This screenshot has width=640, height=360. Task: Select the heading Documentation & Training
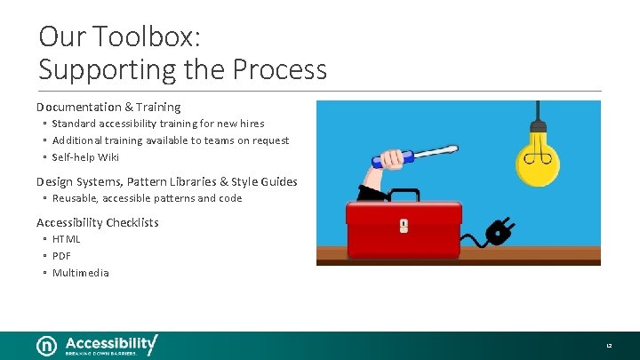pyautogui.click(x=108, y=107)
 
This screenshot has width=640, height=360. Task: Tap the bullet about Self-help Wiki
pyautogui.click(x=85, y=157)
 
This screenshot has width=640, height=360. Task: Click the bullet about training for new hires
pyautogui.click(x=157, y=124)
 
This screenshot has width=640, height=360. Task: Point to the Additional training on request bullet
pyautogui.click(x=170, y=140)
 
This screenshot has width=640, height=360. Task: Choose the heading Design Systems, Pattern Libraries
pyautogui.click(x=166, y=181)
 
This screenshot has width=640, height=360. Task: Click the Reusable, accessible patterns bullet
pyautogui.click(x=147, y=198)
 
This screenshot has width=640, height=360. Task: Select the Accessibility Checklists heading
pyautogui.click(x=98, y=222)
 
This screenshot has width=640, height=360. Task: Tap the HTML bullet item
pyautogui.click(x=67, y=239)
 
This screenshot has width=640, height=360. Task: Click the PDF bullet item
pyautogui.click(x=61, y=256)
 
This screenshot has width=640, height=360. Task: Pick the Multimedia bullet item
pyautogui.click(x=80, y=273)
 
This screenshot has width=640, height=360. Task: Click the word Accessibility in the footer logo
pyautogui.click(x=109, y=342)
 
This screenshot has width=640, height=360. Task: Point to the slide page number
pyautogui.click(x=610, y=345)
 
